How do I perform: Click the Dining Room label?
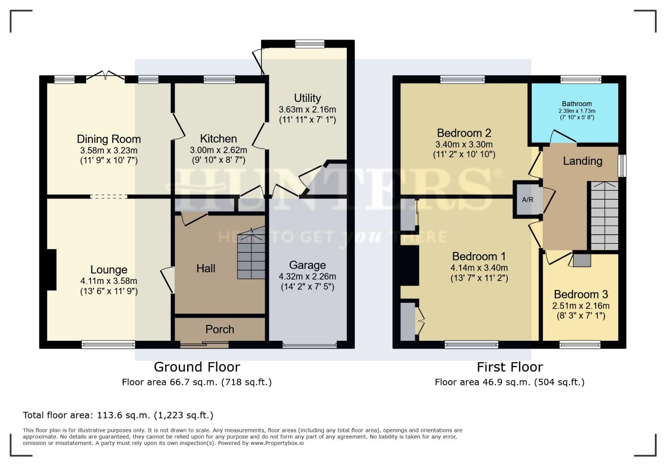(x=109, y=139)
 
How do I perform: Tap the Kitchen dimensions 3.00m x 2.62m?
(x=218, y=150)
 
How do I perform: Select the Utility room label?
(x=307, y=98)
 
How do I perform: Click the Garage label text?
(x=307, y=265)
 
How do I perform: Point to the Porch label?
(x=220, y=329)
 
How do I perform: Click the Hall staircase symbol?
(x=251, y=255)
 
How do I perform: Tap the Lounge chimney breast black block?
(x=51, y=270)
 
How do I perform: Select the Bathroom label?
(x=576, y=104)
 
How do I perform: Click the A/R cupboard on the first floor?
(x=528, y=200)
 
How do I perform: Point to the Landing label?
(x=582, y=161)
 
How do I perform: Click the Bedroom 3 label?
(x=581, y=294)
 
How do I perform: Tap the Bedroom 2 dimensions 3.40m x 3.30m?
(x=464, y=144)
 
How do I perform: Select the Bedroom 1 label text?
(x=479, y=256)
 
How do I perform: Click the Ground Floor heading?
(x=197, y=367)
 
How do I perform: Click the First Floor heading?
(x=509, y=367)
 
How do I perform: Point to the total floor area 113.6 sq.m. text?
(x=118, y=415)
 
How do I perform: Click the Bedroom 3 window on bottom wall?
(x=580, y=344)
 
